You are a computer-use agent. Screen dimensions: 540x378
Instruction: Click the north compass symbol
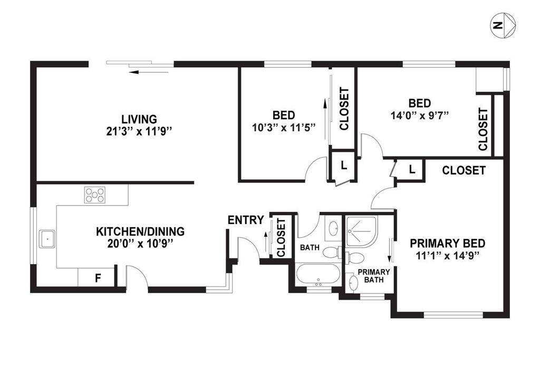(503, 25)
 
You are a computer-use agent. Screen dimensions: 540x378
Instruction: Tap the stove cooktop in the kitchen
(95, 195)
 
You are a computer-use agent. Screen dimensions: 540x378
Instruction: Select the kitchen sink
(47, 239)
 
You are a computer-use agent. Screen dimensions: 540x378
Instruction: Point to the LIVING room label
(139, 119)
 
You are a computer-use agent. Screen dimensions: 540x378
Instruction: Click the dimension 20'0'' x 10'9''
(139, 244)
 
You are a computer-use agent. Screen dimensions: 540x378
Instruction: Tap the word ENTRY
(246, 220)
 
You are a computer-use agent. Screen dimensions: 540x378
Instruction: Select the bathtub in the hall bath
(318, 274)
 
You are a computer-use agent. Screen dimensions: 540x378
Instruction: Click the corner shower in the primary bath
(362, 231)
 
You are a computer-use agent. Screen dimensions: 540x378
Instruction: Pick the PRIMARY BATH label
(374, 276)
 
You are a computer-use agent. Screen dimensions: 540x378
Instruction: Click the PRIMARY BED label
(447, 244)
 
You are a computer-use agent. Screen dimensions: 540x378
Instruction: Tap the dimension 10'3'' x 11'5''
(284, 128)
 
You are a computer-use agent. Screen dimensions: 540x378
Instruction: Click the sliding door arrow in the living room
(148, 72)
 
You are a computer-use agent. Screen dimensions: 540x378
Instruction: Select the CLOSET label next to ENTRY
(281, 238)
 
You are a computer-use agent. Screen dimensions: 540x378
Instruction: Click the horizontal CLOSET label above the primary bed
(464, 170)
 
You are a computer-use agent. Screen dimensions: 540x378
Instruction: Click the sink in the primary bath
(353, 283)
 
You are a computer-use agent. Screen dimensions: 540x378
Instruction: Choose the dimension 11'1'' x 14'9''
(447, 256)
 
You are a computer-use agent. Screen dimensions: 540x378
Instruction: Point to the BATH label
(310, 247)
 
